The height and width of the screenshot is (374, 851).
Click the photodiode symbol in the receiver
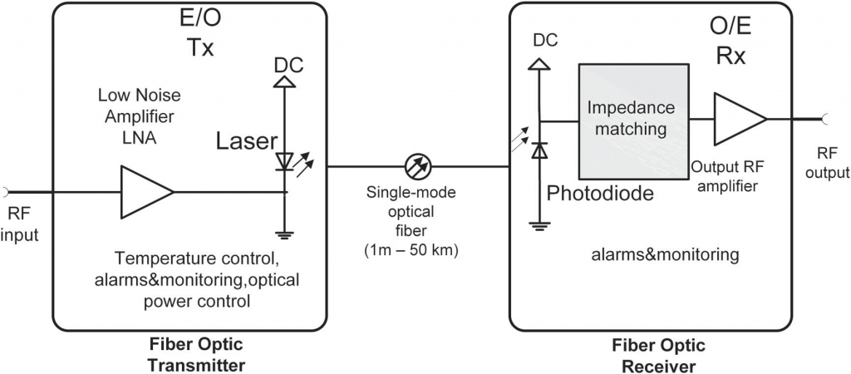point(539,150)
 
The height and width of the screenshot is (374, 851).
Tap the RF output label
point(832,164)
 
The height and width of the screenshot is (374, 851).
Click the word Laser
point(246,141)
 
